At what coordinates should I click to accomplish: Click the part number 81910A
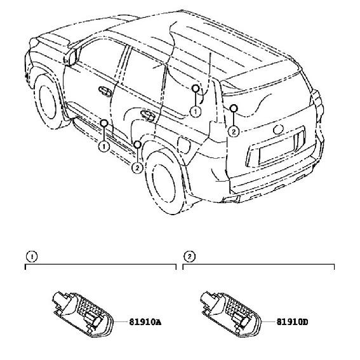(x=145, y=322)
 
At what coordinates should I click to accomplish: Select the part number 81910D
(x=292, y=322)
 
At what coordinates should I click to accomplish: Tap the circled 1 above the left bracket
(x=32, y=257)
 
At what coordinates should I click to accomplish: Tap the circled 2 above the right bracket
(x=189, y=257)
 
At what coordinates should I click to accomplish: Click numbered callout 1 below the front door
(x=104, y=146)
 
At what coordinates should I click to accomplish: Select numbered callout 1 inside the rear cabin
(x=196, y=112)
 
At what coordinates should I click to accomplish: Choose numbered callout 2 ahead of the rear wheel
(x=137, y=168)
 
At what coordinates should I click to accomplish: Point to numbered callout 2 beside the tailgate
(x=234, y=131)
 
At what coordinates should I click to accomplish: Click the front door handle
(x=105, y=91)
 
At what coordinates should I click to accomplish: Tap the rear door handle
(x=148, y=116)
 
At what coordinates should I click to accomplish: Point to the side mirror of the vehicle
(x=70, y=57)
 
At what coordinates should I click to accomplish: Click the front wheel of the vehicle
(x=48, y=102)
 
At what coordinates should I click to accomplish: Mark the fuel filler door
(x=184, y=145)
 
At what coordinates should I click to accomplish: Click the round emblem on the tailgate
(x=278, y=130)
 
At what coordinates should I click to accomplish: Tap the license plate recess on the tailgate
(x=277, y=150)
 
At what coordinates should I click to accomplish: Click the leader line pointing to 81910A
(x=121, y=322)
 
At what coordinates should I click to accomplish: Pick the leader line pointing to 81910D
(x=268, y=322)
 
